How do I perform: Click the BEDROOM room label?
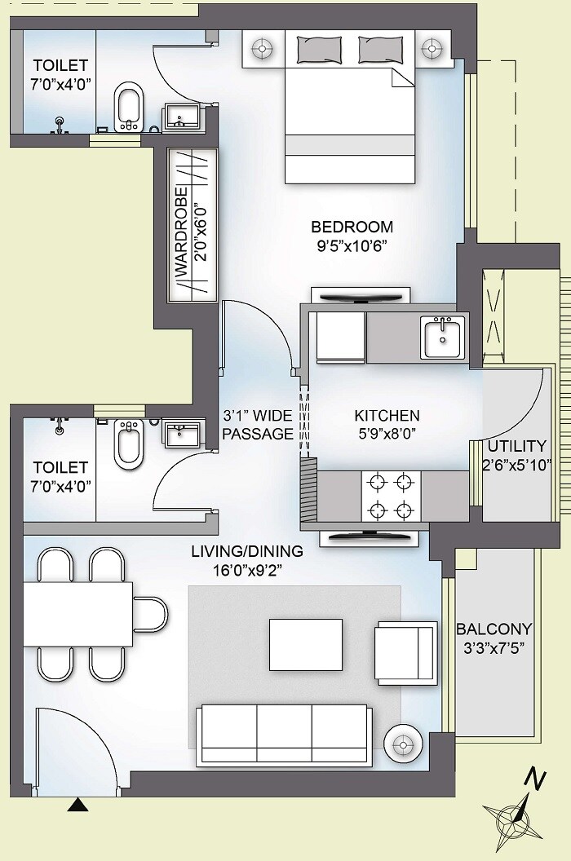click(352, 227)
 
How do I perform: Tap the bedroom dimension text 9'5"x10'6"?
click(352, 246)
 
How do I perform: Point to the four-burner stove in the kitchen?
click(390, 497)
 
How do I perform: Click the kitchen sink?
click(444, 337)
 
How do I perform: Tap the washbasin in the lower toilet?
click(178, 433)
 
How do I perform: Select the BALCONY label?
click(494, 629)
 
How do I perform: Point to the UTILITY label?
click(516, 446)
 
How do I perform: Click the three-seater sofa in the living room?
click(285, 728)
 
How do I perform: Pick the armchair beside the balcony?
click(406, 653)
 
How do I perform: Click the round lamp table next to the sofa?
click(402, 743)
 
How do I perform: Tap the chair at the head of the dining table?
click(151, 613)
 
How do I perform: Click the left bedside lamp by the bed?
click(263, 49)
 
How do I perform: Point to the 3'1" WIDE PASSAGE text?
click(257, 425)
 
